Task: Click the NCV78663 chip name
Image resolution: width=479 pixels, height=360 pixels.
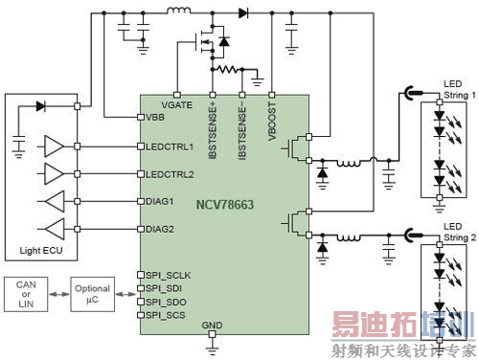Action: coord(225,205)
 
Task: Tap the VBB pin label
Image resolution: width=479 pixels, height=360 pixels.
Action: coord(155,117)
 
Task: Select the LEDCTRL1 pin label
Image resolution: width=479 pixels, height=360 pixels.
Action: coord(171,146)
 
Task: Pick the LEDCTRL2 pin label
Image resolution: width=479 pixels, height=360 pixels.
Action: coord(171,174)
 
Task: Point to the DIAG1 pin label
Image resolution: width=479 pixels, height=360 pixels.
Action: coord(161,201)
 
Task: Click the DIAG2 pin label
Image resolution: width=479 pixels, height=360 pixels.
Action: coord(161,229)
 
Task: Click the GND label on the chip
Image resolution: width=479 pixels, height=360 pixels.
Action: coord(212,326)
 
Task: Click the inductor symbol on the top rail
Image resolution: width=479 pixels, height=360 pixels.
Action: coord(178,12)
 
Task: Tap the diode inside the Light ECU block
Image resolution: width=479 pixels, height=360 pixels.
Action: coord(40,106)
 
